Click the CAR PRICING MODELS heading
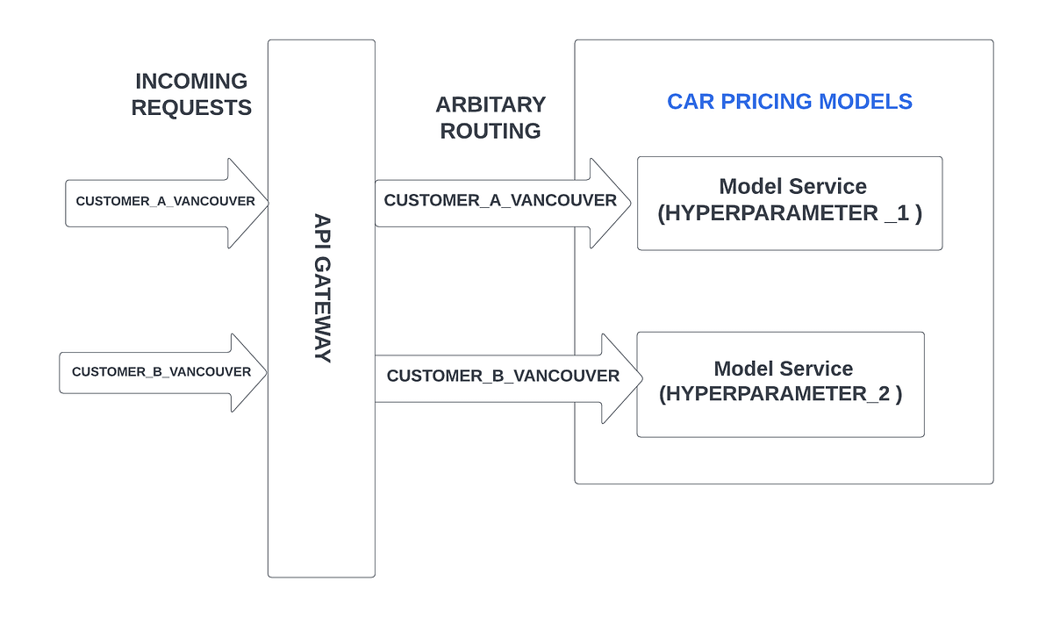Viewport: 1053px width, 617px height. pyautogui.click(x=790, y=101)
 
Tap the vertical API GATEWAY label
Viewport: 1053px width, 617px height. pyautogui.click(x=322, y=288)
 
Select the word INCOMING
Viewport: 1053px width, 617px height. pyautogui.click(x=191, y=82)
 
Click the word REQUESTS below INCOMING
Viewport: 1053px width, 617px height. pyautogui.click(x=191, y=108)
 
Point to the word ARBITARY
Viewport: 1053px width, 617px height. pyautogui.click(x=491, y=104)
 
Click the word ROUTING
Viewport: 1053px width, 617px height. pyautogui.click(x=491, y=131)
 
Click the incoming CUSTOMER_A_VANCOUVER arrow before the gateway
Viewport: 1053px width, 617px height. pyautogui.click(x=166, y=202)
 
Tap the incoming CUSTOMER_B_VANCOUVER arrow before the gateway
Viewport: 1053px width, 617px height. pyautogui.click(x=162, y=372)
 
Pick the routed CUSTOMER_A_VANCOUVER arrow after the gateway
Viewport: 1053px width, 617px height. pyautogui.click(x=500, y=201)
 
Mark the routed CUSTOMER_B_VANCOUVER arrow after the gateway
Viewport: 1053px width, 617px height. pyautogui.click(x=503, y=377)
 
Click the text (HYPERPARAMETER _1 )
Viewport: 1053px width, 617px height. pyautogui.click(x=790, y=213)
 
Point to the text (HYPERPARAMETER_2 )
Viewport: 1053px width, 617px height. pyautogui.click(x=781, y=393)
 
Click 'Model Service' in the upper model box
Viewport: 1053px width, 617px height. pyautogui.click(x=792, y=186)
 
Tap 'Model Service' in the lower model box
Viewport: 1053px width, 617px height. pyautogui.click(x=783, y=369)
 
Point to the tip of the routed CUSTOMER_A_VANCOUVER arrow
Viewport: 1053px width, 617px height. pyautogui.click(x=628, y=203)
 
